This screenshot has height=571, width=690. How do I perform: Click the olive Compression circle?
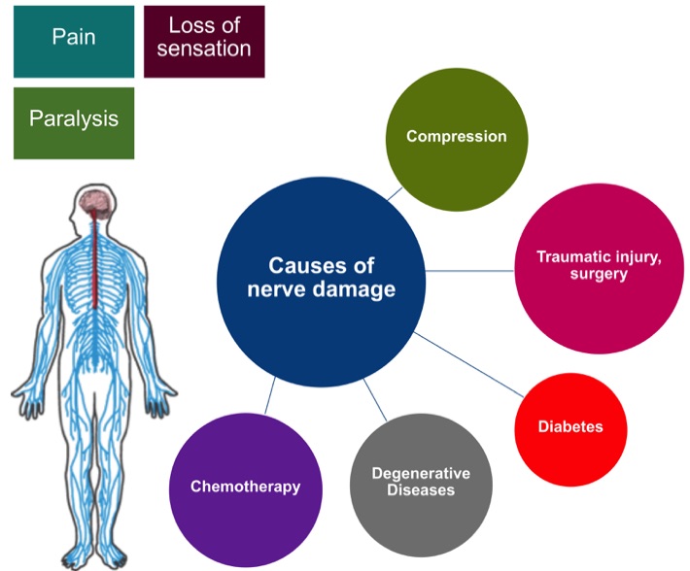(456, 136)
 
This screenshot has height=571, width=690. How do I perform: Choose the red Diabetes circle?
(569, 426)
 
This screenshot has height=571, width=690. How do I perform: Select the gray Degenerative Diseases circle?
(420, 482)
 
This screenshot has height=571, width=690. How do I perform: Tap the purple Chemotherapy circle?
(245, 486)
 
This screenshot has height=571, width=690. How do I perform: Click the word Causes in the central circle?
(302, 265)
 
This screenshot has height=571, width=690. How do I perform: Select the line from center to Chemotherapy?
(268, 394)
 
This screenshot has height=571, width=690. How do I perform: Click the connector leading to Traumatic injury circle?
(472, 270)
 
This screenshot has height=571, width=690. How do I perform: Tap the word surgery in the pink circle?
(600, 275)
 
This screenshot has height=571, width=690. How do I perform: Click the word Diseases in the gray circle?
(420, 490)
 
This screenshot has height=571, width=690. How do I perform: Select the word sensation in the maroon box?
(203, 48)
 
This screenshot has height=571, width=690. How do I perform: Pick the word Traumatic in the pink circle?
(572, 257)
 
